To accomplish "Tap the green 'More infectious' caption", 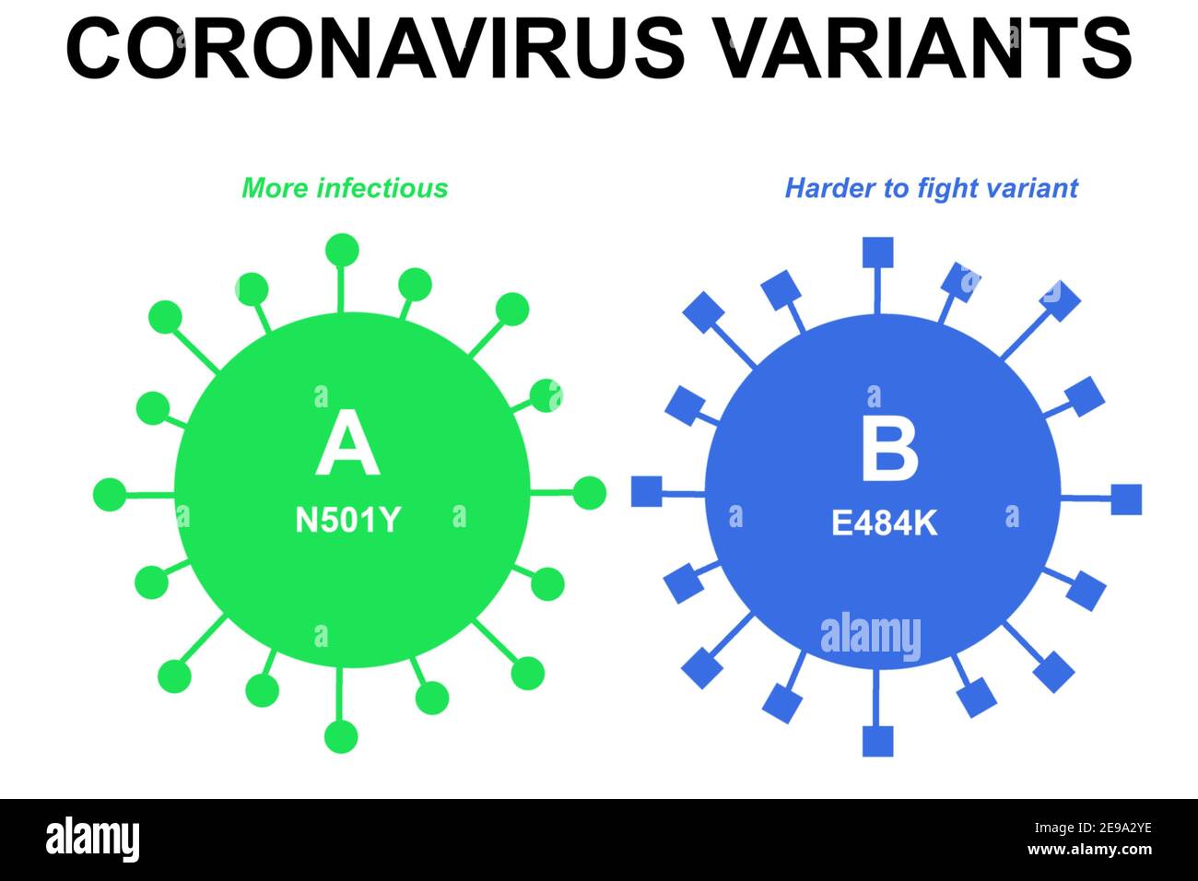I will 345,188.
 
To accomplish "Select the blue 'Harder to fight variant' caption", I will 931,188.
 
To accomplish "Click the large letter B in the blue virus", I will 888,449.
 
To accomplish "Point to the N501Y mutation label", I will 347,521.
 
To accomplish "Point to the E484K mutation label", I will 884,523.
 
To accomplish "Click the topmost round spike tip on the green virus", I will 342,250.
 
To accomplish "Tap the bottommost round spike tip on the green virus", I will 341,736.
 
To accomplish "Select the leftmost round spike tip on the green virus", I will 110,495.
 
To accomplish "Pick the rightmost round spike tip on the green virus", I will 590,494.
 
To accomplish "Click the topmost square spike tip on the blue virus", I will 876,253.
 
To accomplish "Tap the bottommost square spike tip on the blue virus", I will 877,741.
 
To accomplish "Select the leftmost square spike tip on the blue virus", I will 646,491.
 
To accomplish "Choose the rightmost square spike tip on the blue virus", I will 1125,499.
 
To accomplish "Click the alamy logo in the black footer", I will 93,840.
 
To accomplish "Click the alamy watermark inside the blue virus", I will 870,636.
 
